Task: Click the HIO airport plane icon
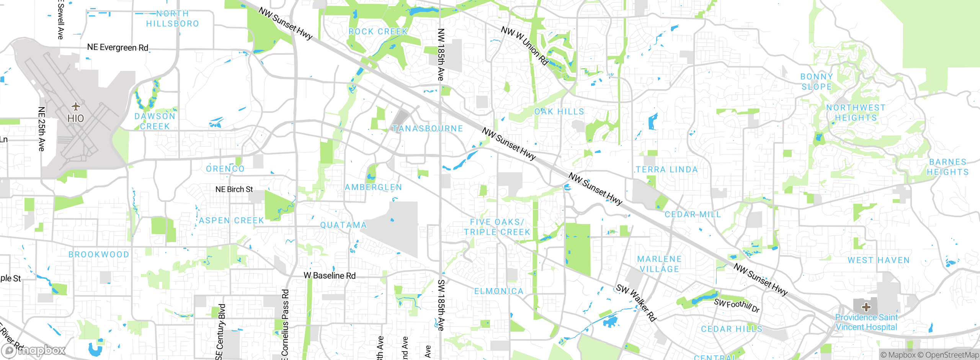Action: coord(75,106)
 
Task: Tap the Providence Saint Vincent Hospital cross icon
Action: coord(866,306)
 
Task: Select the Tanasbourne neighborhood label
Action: coord(428,129)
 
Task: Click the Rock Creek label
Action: coord(378,32)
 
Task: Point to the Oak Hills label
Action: coord(559,112)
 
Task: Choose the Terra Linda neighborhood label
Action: coord(667,170)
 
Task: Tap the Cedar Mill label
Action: coord(693,214)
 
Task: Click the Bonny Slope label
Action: coord(817,82)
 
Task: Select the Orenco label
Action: coord(225,169)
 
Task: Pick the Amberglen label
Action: coord(373,187)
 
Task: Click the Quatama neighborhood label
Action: coord(343,225)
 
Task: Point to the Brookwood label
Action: coord(99,255)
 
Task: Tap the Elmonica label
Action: coord(499,291)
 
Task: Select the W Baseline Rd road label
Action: coord(330,276)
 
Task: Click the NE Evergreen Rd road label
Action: coord(118,47)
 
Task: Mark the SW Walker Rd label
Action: coord(636,303)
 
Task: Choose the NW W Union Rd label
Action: coord(525,46)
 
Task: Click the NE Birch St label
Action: coord(234,190)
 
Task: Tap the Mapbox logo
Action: coord(33,350)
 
